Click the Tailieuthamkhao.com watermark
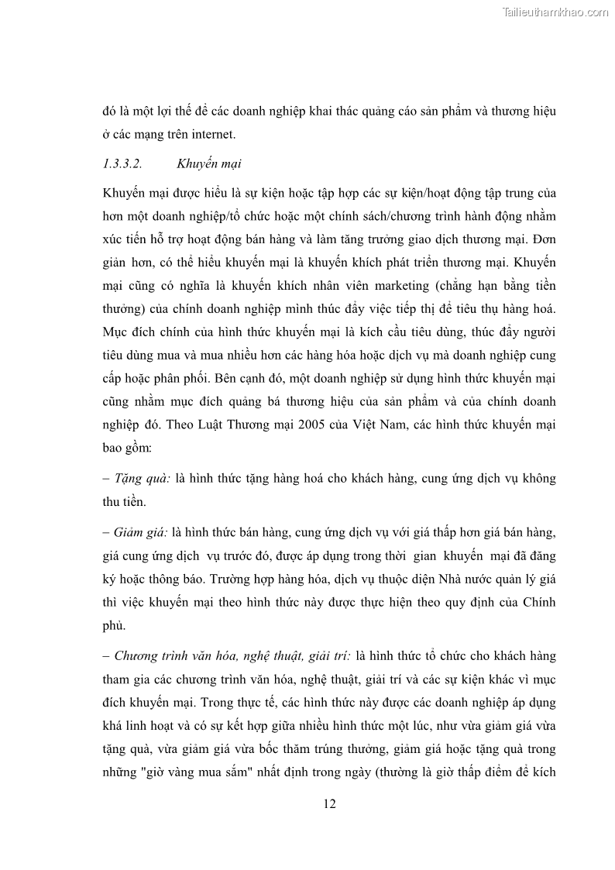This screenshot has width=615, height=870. [555, 12]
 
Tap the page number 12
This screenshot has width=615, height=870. [329, 803]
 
